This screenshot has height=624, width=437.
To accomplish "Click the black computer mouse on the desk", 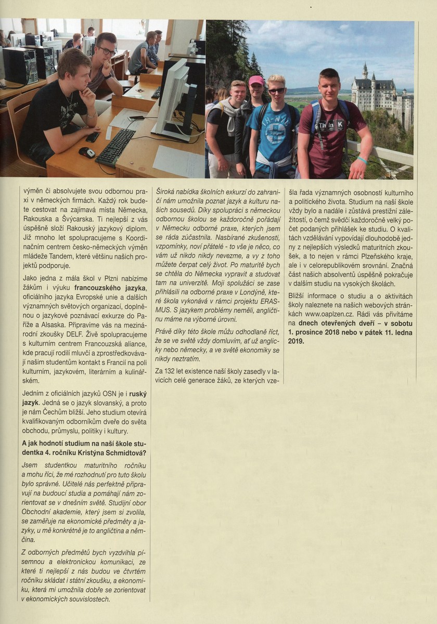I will [x=87, y=152].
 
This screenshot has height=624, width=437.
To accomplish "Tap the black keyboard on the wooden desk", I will [x=115, y=147].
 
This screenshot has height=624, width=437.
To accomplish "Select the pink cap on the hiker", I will [x=256, y=81].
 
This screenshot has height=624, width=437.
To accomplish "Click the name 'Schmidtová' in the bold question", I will [x=120, y=452].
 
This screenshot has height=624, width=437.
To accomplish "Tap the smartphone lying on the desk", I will [x=93, y=137].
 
